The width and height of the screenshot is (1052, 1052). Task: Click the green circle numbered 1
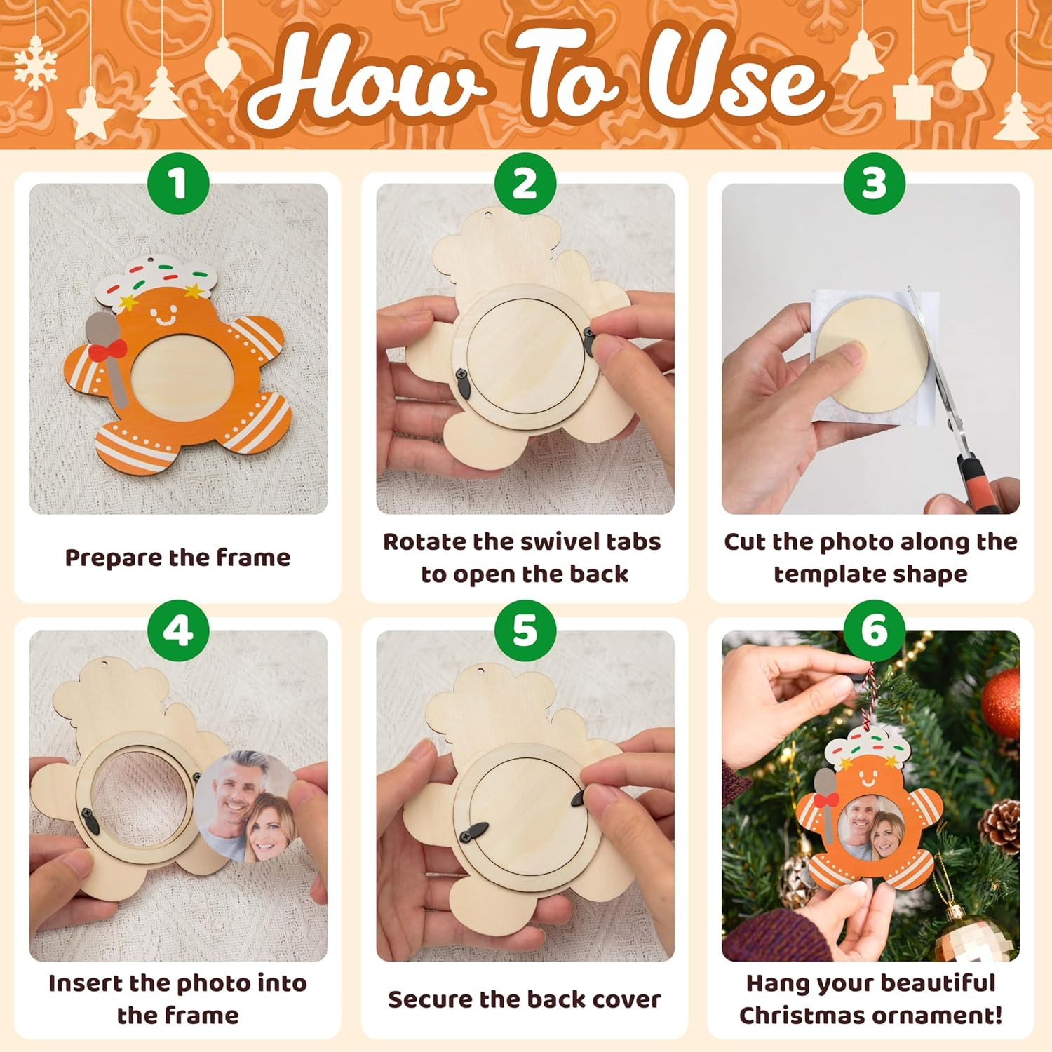coord(178,183)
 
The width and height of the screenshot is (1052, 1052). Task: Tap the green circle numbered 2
coord(525,183)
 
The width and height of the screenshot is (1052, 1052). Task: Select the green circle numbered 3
coord(874,183)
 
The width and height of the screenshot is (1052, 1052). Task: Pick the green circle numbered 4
coord(178,630)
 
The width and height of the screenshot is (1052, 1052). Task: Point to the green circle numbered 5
coord(525,630)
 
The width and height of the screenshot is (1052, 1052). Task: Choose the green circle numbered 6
coord(874,630)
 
